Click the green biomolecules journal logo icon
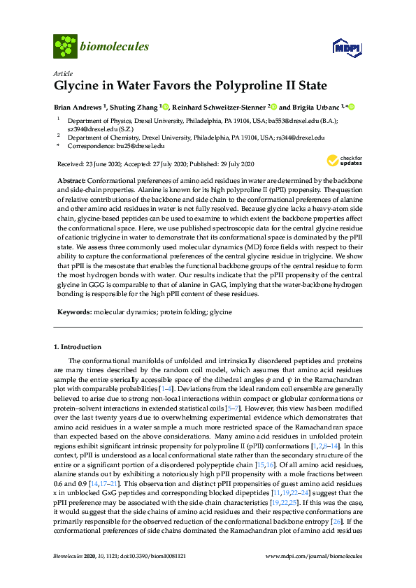tap(65, 47)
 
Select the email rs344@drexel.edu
tap(301, 138)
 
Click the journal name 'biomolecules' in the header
tap(115, 47)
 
